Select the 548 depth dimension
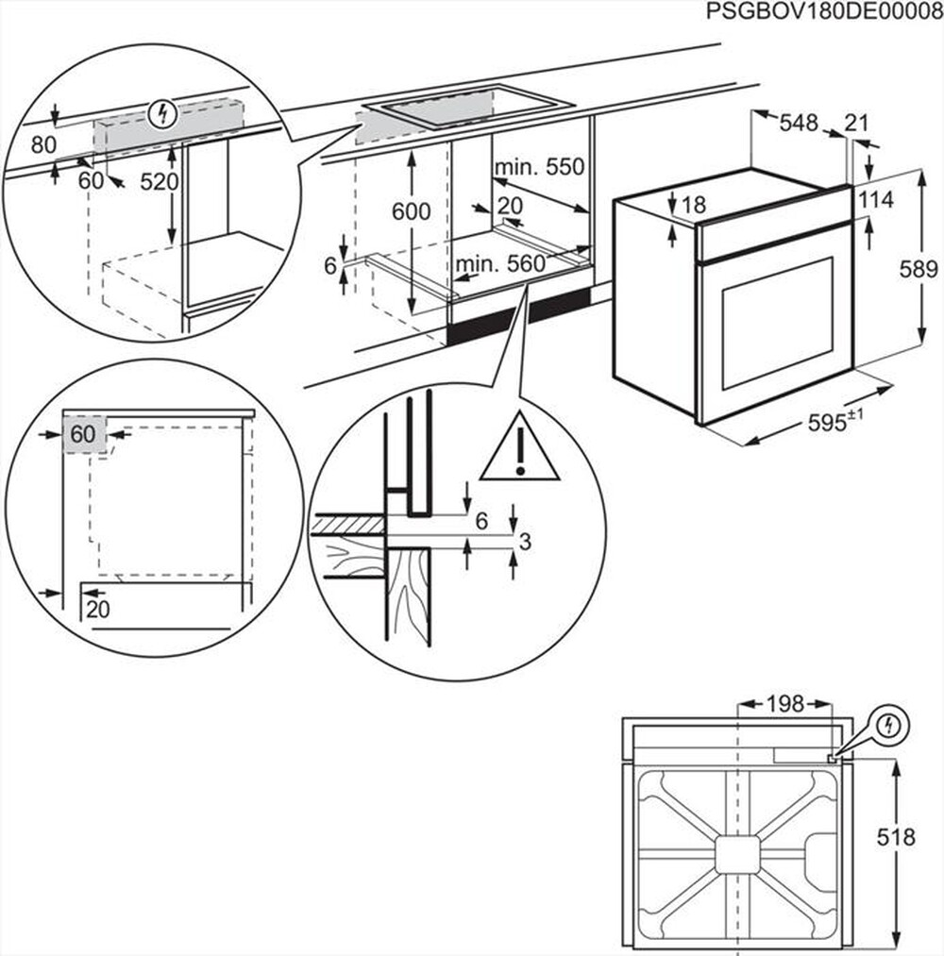tap(798, 123)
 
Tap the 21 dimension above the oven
tap(856, 123)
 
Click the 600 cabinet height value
tap(411, 212)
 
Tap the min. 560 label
tap(500, 266)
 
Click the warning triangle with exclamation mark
tap(519, 447)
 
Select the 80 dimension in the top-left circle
tap(43, 144)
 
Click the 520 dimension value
tap(160, 181)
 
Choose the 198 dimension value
tap(784, 704)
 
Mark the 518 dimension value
tap(896, 837)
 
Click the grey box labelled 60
tap(84, 435)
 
